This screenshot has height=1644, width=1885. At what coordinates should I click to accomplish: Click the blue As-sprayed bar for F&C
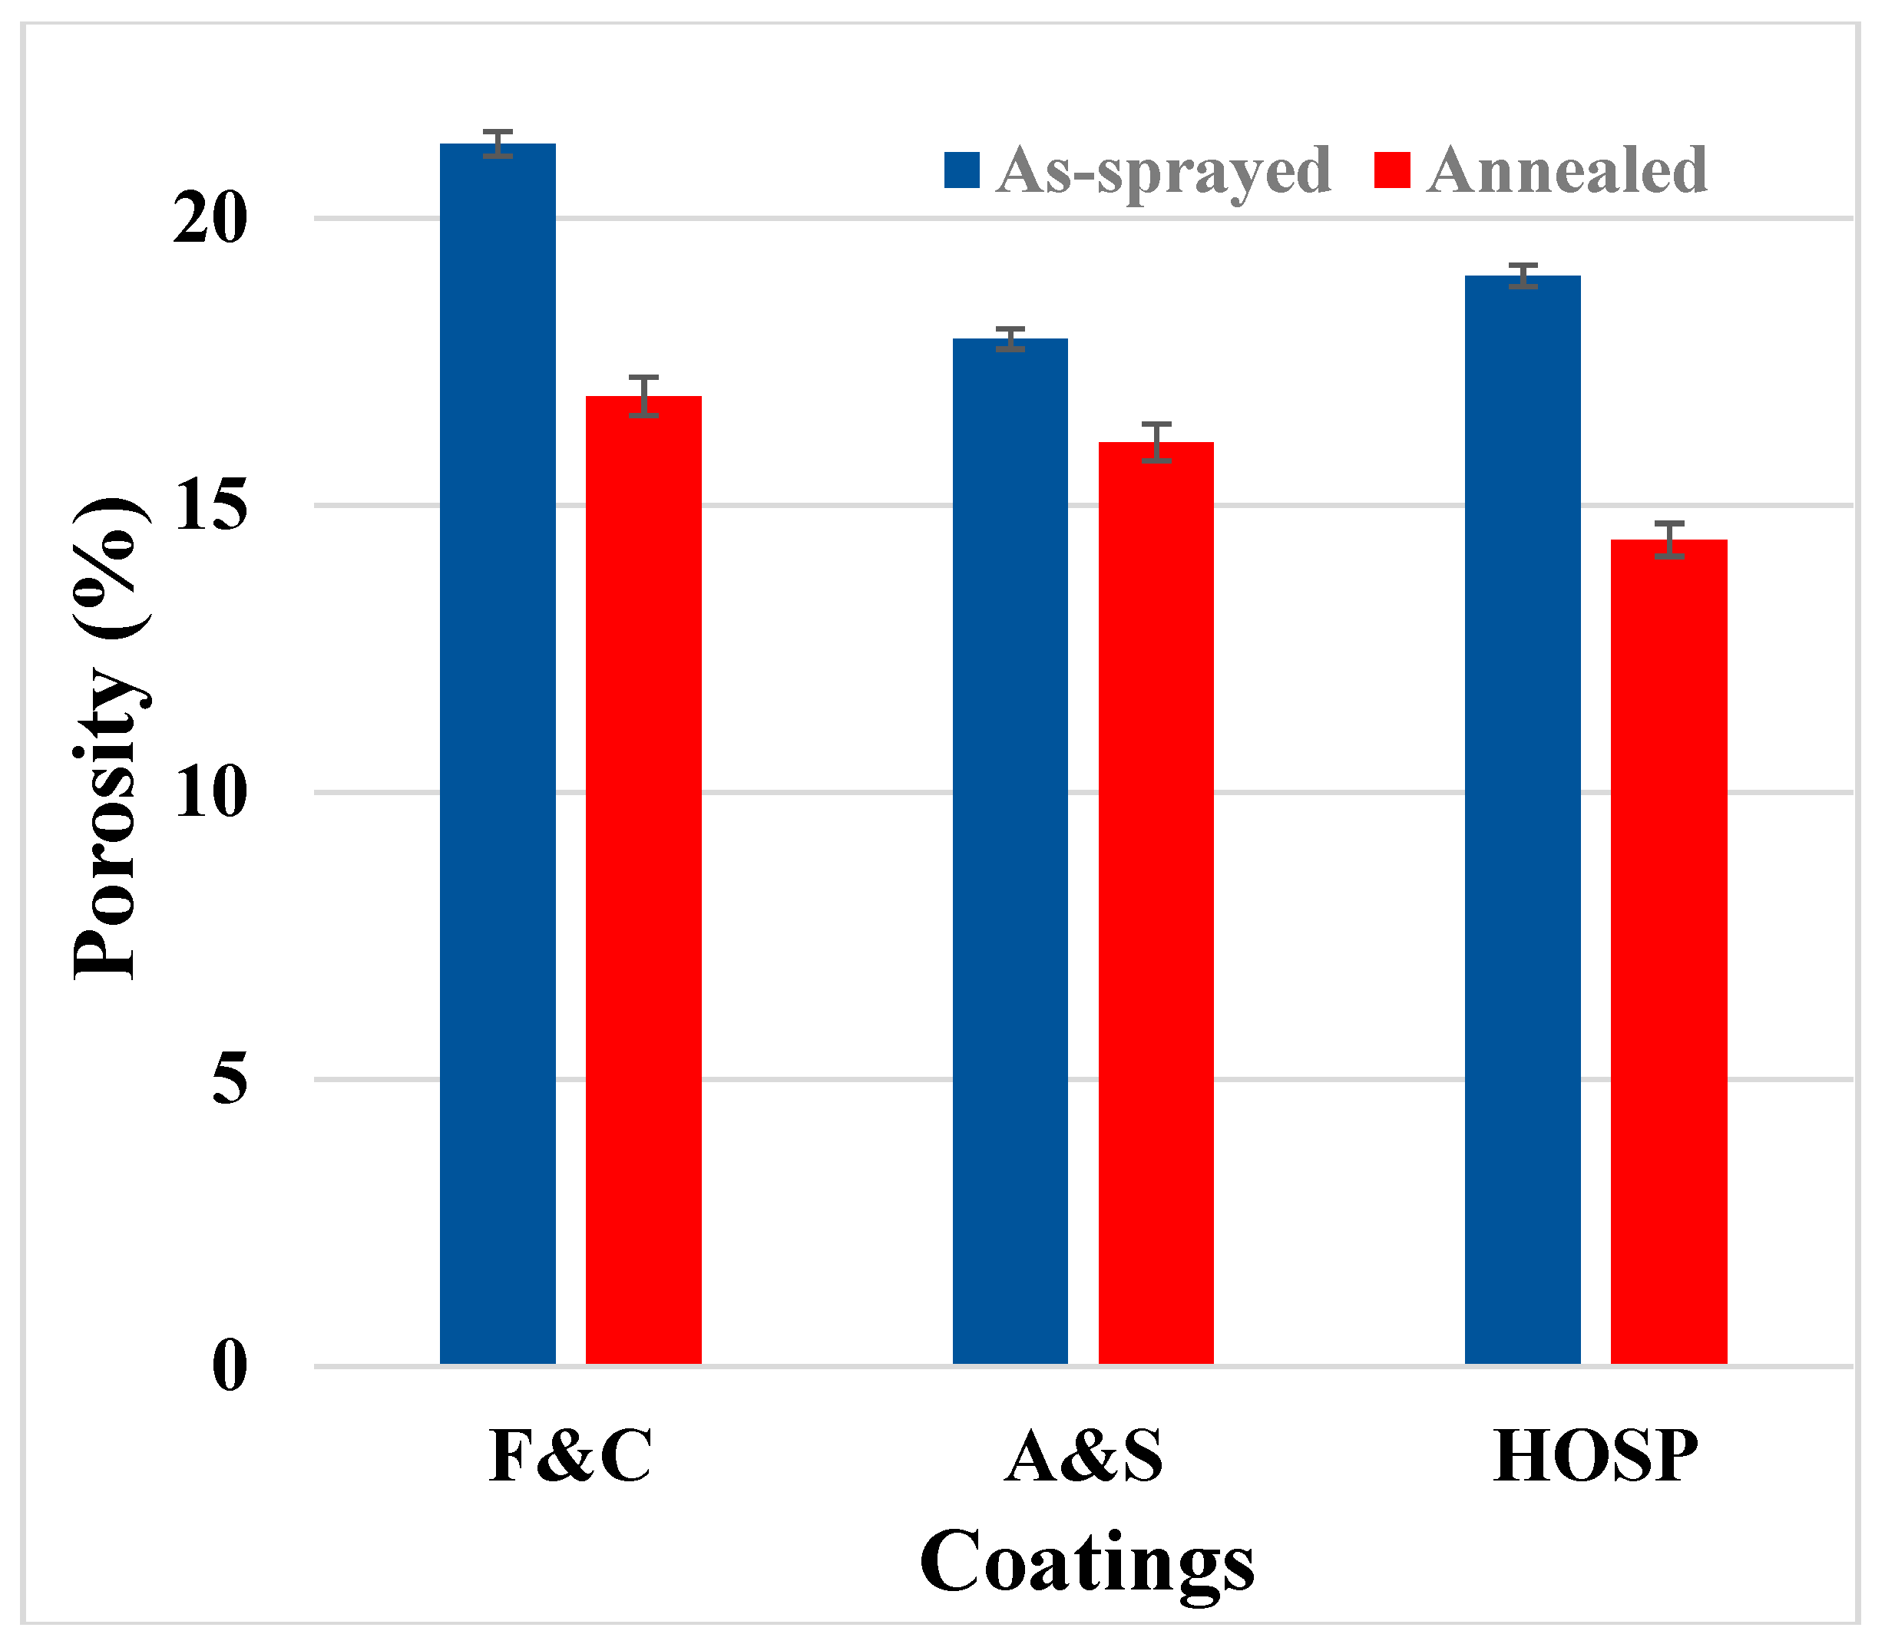(x=498, y=752)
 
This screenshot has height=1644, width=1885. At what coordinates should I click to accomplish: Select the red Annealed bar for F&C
(x=643, y=881)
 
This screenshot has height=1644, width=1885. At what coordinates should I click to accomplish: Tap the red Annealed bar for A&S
(x=1156, y=903)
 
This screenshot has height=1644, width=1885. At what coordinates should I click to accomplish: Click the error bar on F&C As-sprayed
(x=498, y=144)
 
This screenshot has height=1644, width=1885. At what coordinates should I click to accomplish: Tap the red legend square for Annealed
(x=1391, y=170)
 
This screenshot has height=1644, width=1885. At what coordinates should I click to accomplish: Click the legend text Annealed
(x=1566, y=170)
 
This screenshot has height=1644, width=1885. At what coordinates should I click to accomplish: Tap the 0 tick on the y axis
(x=230, y=1366)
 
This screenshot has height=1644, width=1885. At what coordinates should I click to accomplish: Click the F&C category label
(x=570, y=1456)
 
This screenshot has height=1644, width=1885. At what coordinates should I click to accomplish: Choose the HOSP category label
(x=1595, y=1456)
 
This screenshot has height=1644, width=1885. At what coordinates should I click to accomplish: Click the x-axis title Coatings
(x=1086, y=1563)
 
